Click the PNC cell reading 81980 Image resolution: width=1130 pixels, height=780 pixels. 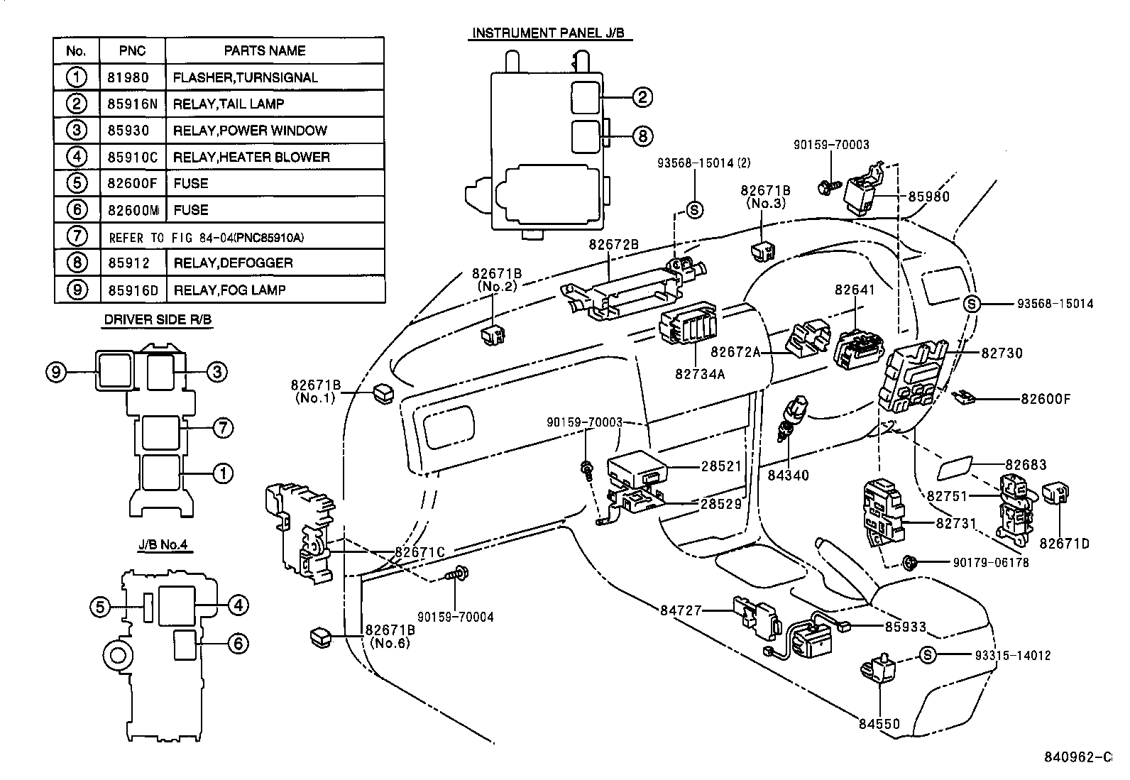tap(132, 77)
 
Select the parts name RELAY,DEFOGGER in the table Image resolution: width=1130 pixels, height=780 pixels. tap(233, 263)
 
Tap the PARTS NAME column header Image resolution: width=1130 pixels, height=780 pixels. tap(265, 51)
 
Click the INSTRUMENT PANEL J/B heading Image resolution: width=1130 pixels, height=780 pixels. tap(550, 33)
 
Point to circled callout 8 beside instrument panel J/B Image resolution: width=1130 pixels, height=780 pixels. tap(642, 136)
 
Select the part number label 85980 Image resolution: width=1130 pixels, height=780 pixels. tap(928, 197)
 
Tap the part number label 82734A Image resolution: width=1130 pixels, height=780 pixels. tap(700, 373)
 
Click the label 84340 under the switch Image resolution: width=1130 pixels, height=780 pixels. tap(789, 475)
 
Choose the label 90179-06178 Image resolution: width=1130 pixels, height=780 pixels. tap(990, 563)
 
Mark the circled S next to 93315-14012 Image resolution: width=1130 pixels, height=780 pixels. tap(928, 655)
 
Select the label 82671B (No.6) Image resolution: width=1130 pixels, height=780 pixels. tap(390, 637)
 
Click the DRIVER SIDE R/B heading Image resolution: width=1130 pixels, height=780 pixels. tap(158, 320)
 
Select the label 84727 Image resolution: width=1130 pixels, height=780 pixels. tap(681, 610)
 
